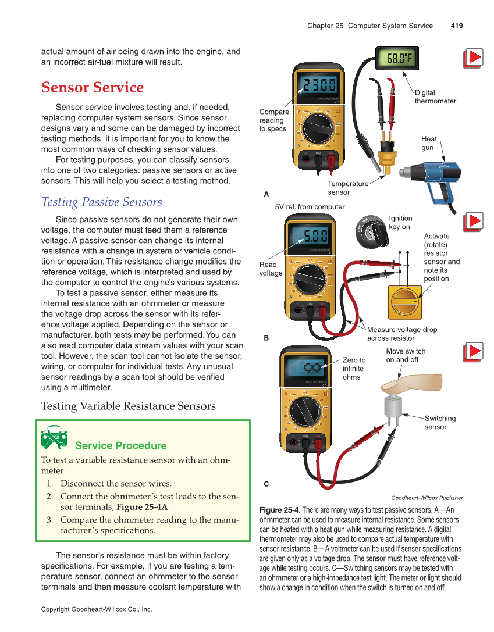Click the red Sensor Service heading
[93, 88]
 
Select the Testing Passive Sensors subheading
[102, 202]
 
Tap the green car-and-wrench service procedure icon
[54, 437]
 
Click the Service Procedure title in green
[121, 446]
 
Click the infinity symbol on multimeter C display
[313, 367]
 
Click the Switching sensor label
[440, 423]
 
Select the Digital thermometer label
[435, 97]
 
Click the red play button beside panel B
[473, 222]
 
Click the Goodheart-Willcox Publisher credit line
[427, 498]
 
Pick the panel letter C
[266, 484]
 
